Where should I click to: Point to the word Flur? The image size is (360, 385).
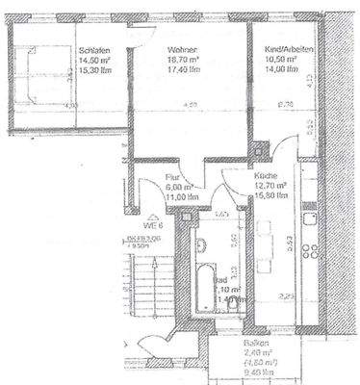[x=172, y=177]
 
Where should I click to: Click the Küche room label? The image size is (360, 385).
[x=267, y=177]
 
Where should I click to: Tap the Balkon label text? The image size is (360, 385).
[x=255, y=343]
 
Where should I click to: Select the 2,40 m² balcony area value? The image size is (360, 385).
[x=255, y=353]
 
